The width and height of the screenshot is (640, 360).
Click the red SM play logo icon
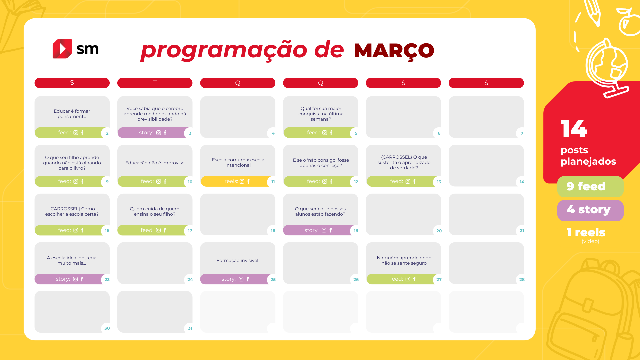[x=62, y=49]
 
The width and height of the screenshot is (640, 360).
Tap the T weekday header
[x=155, y=83]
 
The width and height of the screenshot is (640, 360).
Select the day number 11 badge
[x=273, y=182]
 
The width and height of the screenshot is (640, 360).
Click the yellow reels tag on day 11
[x=237, y=181]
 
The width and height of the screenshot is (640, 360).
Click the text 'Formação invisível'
[x=237, y=260]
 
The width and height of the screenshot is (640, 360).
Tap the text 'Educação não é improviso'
[x=155, y=163]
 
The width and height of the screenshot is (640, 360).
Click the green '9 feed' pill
[x=590, y=186]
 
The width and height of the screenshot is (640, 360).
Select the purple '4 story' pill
[x=590, y=210]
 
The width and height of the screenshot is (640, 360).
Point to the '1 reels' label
[x=586, y=232]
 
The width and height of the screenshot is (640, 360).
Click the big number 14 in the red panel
[x=574, y=128]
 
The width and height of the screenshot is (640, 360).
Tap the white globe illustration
[x=607, y=68]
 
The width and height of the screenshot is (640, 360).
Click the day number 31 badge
[x=190, y=328]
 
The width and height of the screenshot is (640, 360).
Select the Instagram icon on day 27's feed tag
[x=408, y=279]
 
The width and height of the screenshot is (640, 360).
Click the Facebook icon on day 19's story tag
[x=331, y=230]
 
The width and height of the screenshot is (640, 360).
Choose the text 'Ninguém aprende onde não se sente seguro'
[x=404, y=260]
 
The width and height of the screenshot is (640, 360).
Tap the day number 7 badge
[x=522, y=133]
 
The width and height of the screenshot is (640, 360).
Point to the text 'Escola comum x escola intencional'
[x=238, y=162]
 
